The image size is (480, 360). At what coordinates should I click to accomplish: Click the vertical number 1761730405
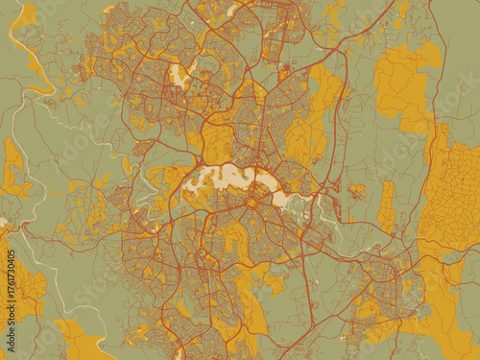(11, 287)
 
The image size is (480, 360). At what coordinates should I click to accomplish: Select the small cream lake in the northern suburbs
(179, 76)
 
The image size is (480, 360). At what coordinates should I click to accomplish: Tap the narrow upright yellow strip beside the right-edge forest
(387, 206)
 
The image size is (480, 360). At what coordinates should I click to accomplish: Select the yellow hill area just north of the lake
(219, 144)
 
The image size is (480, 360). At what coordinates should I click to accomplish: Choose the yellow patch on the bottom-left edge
(82, 341)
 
